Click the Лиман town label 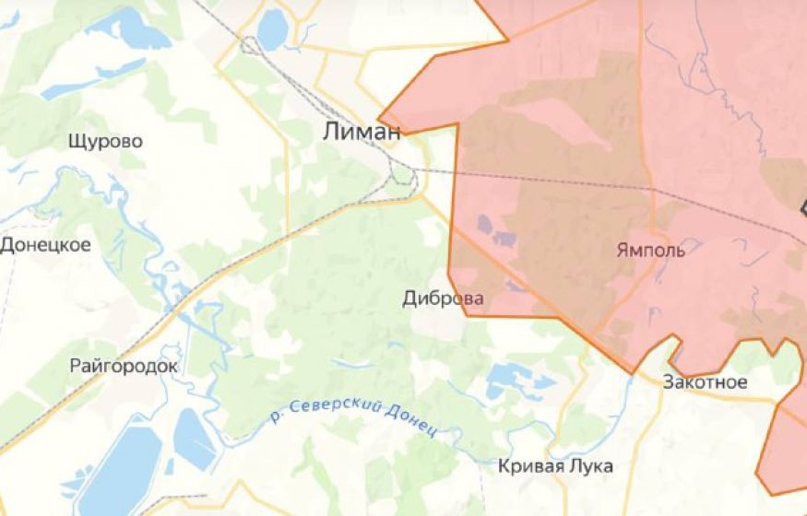pyautogui.click(x=362, y=132)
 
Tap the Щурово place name pyautogui.click(x=105, y=141)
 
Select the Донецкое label pyautogui.click(x=45, y=245)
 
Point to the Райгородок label pyautogui.click(x=123, y=366)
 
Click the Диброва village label pyautogui.click(x=443, y=299)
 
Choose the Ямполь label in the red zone pyautogui.click(x=649, y=251)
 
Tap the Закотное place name pyautogui.click(x=704, y=382)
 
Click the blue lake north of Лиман pyautogui.click(x=272, y=31)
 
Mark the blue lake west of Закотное pyautogui.click(x=508, y=378)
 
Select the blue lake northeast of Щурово pyautogui.click(x=139, y=31)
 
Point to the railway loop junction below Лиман pyautogui.click(x=402, y=172)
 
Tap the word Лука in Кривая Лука pyautogui.click(x=590, y=466)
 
